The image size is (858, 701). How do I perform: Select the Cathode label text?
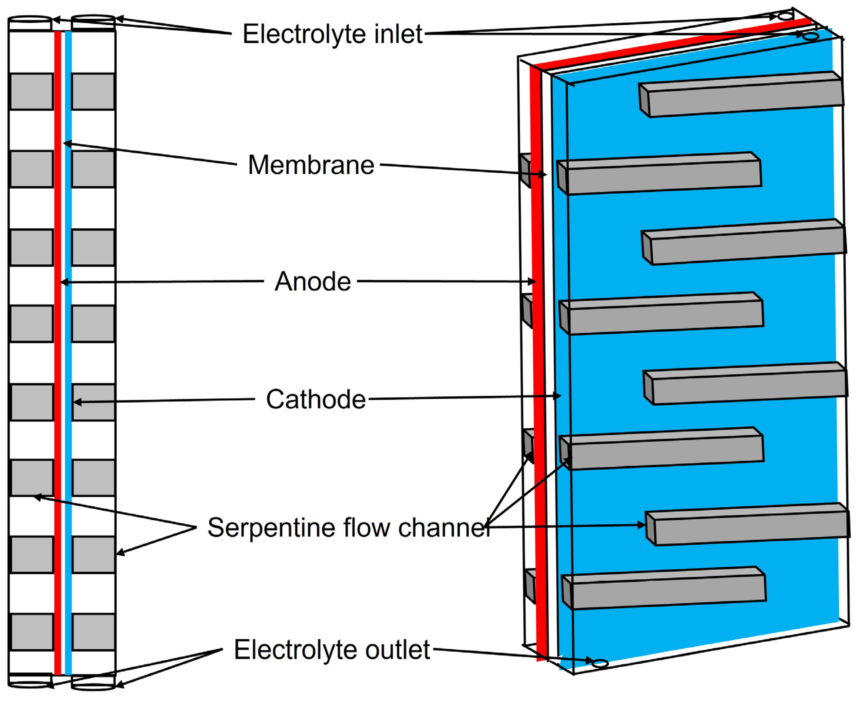pos(316,399)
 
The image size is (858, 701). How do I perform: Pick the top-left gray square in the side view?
pos(32,92)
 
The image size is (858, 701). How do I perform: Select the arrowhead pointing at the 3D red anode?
pos(533,281)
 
